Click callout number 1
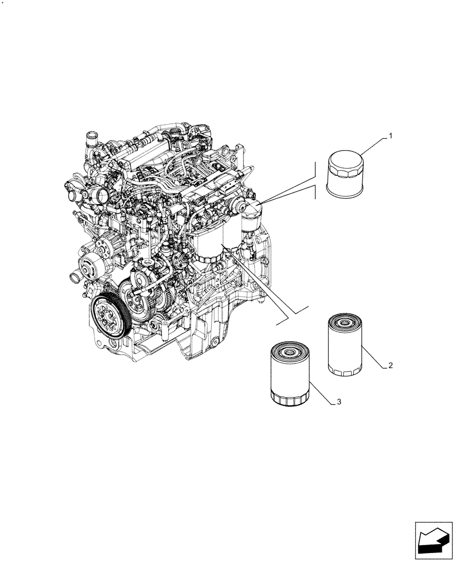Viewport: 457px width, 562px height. coord(390,137)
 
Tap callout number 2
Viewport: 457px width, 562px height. coord(389,365)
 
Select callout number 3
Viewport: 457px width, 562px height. coord(338,402)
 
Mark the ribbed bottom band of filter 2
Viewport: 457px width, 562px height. coord(344,370)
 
